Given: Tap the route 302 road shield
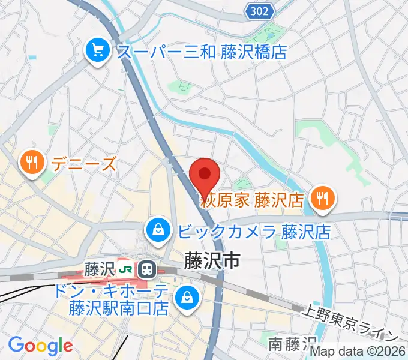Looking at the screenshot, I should (260, 10).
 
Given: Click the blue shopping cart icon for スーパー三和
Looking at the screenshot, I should (97, 50).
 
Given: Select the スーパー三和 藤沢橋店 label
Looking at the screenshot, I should (202, 51).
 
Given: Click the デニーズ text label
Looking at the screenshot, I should (84, 163).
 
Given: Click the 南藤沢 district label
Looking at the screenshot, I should (293, 344).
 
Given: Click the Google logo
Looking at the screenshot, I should (40, 346).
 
